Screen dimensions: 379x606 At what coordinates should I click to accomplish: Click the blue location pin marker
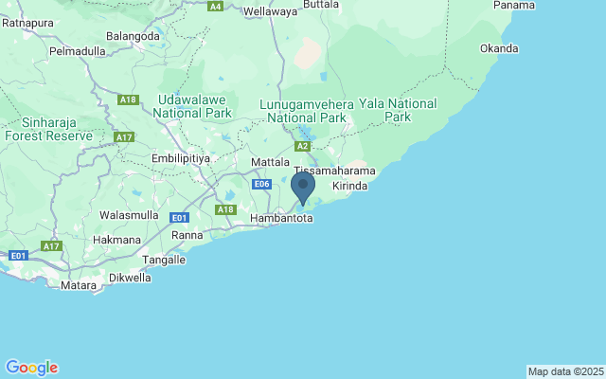point(303,186)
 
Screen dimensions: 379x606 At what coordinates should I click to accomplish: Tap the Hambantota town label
point(281,218)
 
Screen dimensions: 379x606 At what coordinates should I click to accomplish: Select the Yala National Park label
point(410,110)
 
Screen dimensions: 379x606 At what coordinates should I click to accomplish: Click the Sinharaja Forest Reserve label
point(48,129)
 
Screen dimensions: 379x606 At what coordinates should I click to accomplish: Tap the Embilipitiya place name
point(180,158)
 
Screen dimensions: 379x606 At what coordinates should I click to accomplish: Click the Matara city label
point(79,284)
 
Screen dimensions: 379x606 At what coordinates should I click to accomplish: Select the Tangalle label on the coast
point(163,259)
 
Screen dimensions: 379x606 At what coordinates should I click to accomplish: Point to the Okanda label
point(499,48)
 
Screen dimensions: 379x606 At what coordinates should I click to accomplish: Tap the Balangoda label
point(134,36)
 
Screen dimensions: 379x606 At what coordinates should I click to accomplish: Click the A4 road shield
point(216,6)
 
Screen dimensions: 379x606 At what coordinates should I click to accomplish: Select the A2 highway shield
point(302,147)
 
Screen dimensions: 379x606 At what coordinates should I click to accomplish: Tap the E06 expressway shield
point(263,184)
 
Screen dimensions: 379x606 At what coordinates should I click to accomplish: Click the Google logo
point(31,368)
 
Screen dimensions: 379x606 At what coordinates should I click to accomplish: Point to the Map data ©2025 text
point(564,371)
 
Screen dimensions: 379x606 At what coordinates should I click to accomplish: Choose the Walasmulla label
point(129,215)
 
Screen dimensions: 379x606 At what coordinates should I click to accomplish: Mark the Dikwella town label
point(130,278)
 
